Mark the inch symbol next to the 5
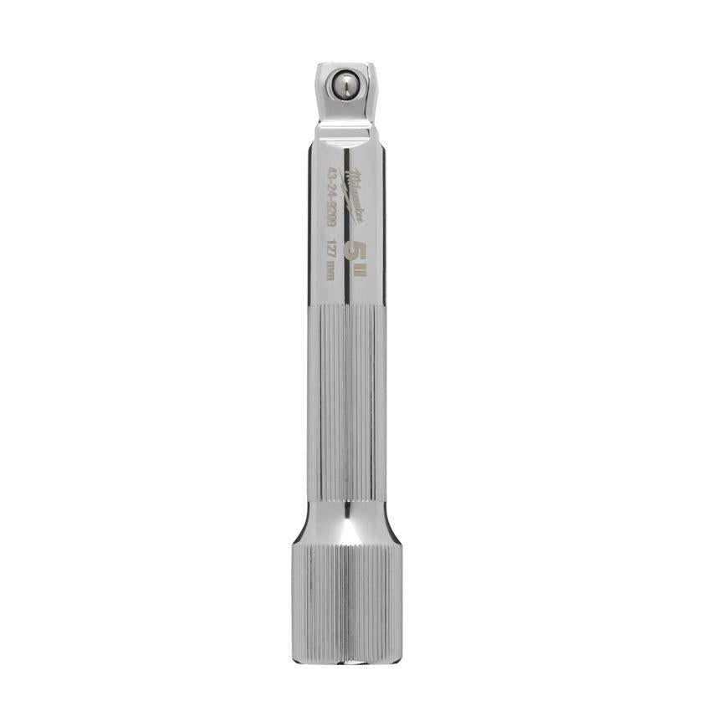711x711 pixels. point(360,269)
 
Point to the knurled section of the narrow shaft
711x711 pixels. point(346,402)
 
